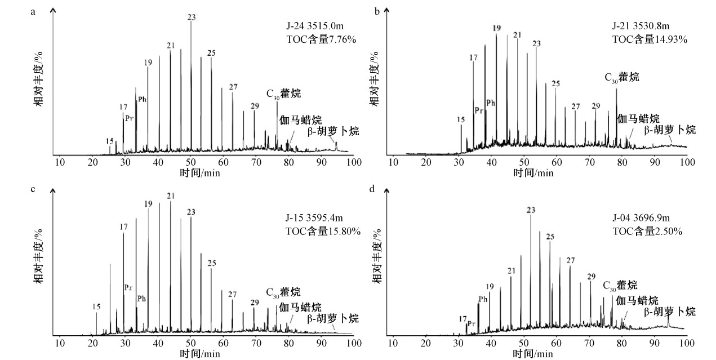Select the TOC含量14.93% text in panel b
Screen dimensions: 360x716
coord(650,39)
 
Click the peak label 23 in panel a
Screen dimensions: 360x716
coord(192,17)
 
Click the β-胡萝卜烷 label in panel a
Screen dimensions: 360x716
coord(333,131)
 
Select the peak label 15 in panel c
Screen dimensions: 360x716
coord(96,306)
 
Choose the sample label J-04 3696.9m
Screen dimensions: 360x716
coord(642,218)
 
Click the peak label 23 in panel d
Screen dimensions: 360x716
coord(530,210)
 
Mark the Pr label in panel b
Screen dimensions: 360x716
coord(479,110)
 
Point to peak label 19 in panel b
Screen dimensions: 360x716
coord(496,28)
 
